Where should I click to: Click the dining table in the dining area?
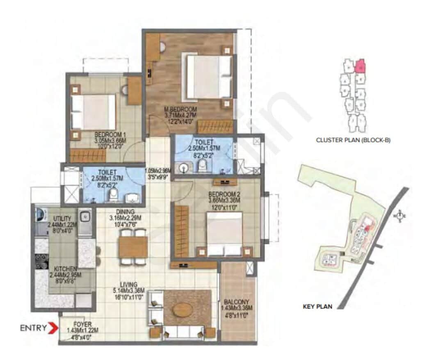[133, 247]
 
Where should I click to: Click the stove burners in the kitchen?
[41, 261]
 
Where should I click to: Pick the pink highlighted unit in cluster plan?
[360, 66]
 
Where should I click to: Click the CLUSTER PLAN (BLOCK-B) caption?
[353, 140]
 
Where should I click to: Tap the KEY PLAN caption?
[317, 306]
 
